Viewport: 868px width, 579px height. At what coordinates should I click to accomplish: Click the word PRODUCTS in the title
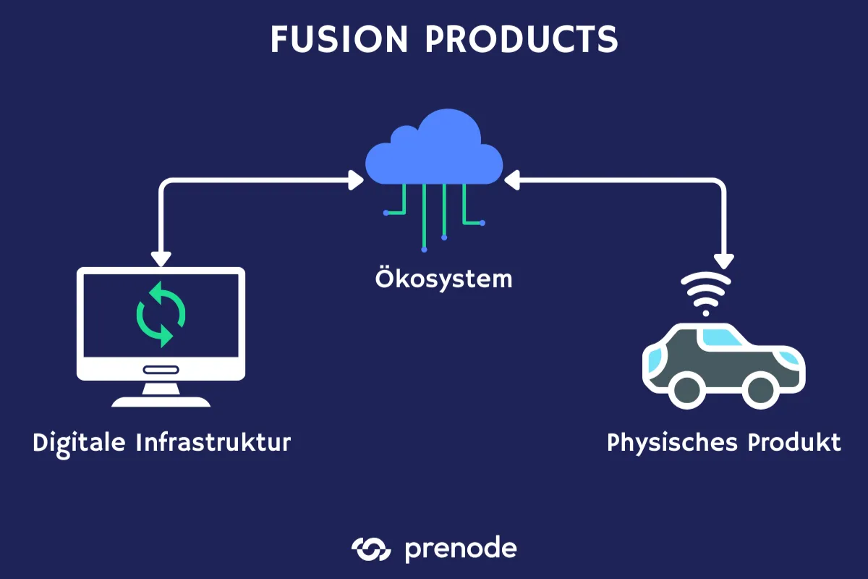[x=522, y=40]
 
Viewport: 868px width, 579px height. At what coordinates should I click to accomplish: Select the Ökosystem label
[x=443, y=278]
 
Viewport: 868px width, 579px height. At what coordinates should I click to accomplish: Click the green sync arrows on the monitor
[x=161, y=314]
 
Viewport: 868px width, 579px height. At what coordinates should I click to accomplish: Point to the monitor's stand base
[x=161, y=401]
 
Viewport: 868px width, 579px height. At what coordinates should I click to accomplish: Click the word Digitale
[x=79, y=442]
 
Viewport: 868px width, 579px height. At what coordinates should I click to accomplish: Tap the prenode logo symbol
[x=371, y=549]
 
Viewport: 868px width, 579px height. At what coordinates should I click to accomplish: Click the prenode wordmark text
[x=461, y=549]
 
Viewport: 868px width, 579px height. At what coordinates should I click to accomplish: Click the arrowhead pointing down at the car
[x=723, y=258]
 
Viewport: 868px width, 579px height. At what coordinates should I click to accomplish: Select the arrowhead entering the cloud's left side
[x=357, y=180]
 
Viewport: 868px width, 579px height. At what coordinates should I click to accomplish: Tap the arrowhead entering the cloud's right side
[x=512, y=180]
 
